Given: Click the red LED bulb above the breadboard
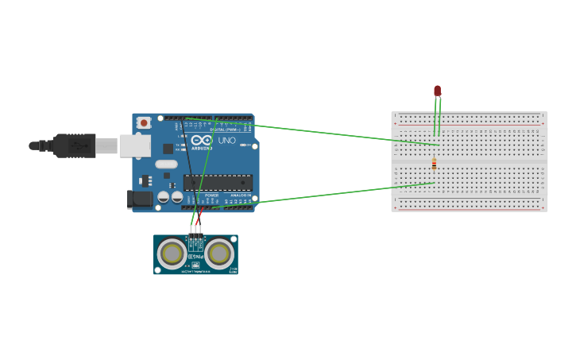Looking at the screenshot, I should (437, 91).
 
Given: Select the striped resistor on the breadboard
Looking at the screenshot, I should (434, 165).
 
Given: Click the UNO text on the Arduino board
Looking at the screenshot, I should (226, 141).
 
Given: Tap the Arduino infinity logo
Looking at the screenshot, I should (201, 140).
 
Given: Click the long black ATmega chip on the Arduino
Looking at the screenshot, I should (218, 182).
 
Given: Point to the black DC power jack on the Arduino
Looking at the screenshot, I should (140, 199).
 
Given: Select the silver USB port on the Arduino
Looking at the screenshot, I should (134, 145).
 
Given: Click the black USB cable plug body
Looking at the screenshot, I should (75, 145).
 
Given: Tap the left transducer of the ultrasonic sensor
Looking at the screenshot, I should (172, 254).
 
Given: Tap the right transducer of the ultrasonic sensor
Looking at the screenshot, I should (219, 254).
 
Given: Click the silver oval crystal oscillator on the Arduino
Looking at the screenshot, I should (166, 165).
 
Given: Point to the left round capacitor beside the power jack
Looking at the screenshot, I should (163, 196).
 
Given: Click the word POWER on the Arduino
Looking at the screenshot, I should (211, 195).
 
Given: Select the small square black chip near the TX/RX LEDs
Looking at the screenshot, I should (168, 149).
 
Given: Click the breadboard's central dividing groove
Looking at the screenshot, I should (469, 161).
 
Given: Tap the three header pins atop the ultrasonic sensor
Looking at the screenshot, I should (195, 229).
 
